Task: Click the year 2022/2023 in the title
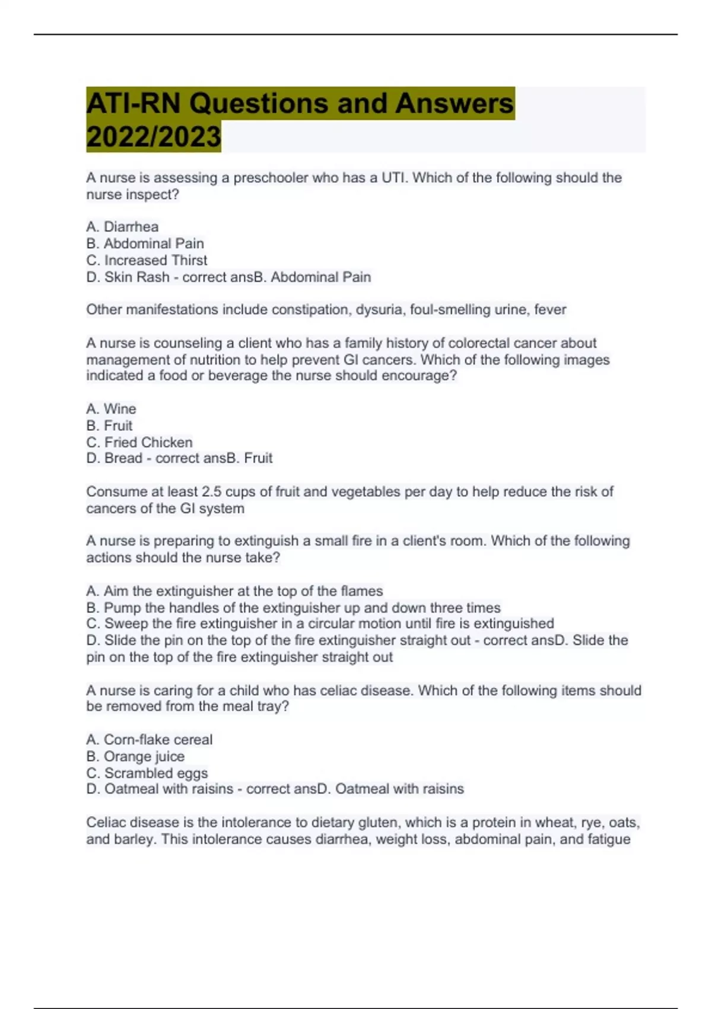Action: point(153,137)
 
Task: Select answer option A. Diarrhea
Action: point(122,227)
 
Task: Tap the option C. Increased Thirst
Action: point(147,260)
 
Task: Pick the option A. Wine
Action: point(111,409)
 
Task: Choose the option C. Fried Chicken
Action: point(139,442)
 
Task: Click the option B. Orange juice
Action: point(135,756)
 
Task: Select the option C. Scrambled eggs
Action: point(147,773)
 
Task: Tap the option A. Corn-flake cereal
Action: point(149,740)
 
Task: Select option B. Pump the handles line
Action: point(293,608)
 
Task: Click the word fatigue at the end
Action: point(609,839)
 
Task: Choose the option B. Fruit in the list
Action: point(110,426)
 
